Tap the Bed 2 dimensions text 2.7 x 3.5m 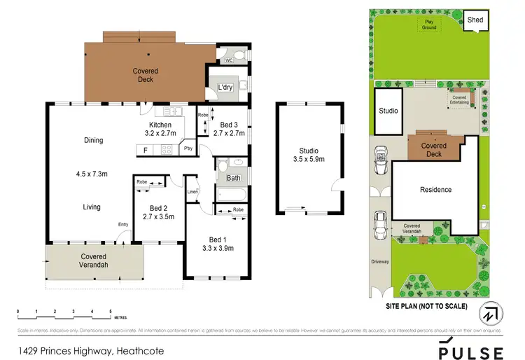point(157,217)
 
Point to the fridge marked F point(145,149)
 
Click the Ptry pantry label point(188,148)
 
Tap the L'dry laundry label point(225,87)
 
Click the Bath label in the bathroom point(233,178)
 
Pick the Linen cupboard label point(192,193)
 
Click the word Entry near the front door point(124,224)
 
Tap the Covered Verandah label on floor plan point(93,261)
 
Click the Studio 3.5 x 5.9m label point(309,155)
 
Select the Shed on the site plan point(475,20)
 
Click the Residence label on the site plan point(435,189)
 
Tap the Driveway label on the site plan point(380,263)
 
